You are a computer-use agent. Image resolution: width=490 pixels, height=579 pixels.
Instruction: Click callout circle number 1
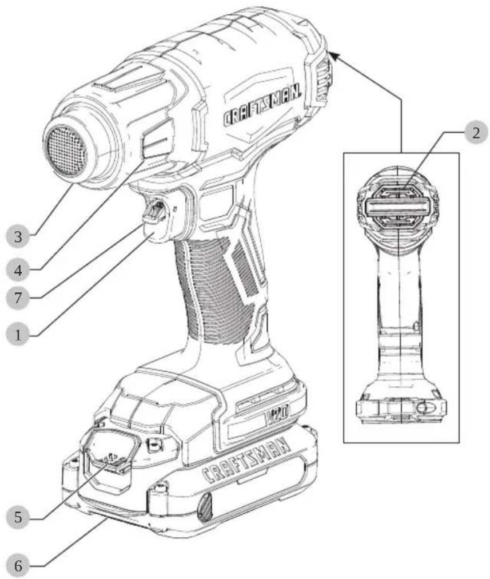click(18, 335)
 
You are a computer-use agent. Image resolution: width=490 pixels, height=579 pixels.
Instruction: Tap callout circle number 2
click(476, 132)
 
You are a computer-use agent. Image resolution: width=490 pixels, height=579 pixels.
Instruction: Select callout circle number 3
click(18, 236)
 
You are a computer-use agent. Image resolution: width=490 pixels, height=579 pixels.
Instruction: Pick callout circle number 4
click(18, 270)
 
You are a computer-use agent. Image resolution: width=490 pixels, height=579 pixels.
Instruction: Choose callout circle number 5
click(18, 517)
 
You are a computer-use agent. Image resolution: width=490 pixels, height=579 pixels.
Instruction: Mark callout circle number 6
click(18, 565)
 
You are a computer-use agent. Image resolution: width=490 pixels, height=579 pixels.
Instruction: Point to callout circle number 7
click(18, 298)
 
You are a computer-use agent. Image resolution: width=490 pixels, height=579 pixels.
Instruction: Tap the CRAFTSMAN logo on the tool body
click(262, 106)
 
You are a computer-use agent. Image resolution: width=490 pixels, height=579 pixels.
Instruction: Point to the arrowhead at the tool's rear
click(333, 57)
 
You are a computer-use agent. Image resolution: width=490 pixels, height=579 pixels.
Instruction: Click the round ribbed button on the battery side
click(205, 508)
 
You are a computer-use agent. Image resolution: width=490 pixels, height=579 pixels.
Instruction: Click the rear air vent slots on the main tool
click(322, 82)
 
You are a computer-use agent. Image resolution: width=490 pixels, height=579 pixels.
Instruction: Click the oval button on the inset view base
click(425, 408)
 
